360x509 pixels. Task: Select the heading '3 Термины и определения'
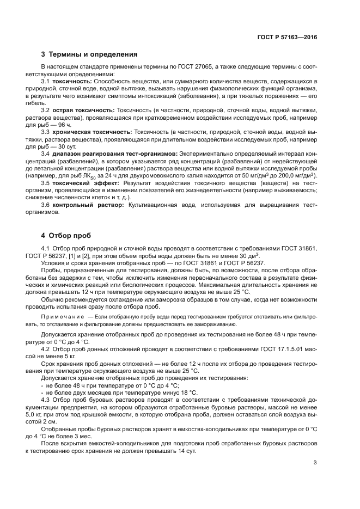tap(89, 54)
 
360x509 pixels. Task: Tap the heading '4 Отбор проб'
tap(67, 236)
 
